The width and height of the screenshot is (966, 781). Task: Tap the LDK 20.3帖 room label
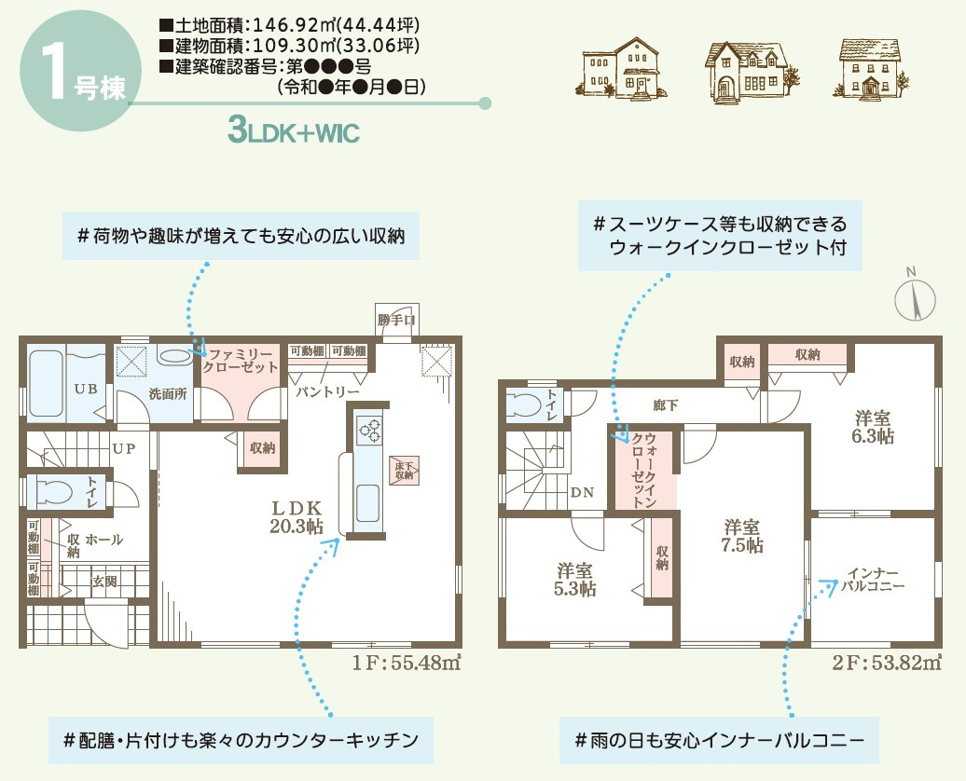(x=296, y=517)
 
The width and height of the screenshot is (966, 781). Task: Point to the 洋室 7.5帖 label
(x=741, y=536)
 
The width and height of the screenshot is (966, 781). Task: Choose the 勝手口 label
(x=397, y=321)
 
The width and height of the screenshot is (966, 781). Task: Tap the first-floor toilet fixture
(x=53, y=490)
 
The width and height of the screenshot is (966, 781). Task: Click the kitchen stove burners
(x=369, y=430)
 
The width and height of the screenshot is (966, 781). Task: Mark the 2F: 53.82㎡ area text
(x=885, y=664)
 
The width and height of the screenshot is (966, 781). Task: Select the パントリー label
(x=328, y=392)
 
